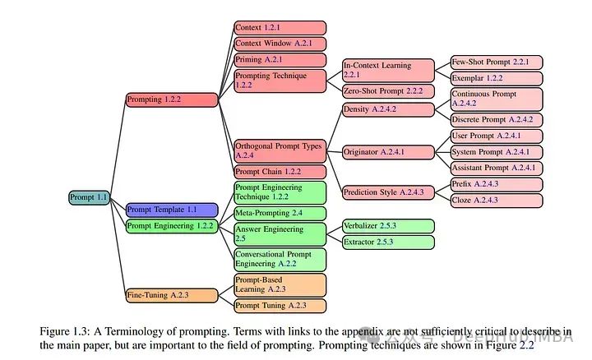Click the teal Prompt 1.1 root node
tap(90, 197)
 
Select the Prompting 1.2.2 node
tap(171, 99)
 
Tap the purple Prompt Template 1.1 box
tap(171, 210)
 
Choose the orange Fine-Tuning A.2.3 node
tap(171, 294)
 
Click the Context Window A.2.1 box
tap(280, 44)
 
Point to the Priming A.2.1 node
tap(280, 60)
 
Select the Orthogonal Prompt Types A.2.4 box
tap(280, 150)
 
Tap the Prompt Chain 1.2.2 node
tap(280, 172)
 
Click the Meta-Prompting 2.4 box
tap(280, 213)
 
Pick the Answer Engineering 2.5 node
tap(280, 233)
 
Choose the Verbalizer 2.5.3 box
tap(388, 225)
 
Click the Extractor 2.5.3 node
tap(388, 242)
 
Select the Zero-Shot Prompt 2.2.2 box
tap(388, 90)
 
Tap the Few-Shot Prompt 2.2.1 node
tap(496, 62)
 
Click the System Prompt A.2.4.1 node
tap(496, 152)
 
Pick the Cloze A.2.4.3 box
tap(496, 200)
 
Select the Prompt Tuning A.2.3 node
tap(280, 306)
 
